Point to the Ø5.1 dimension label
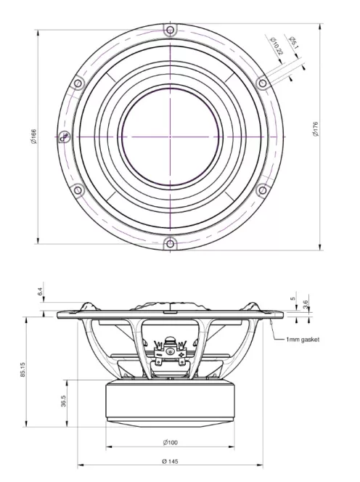coord(292,43)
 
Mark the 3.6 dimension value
coord(306,303)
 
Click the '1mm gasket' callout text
coord(302,339)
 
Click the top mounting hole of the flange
coord(170,30)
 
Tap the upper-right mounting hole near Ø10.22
coord(262,83)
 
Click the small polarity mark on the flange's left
coord(65,136)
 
